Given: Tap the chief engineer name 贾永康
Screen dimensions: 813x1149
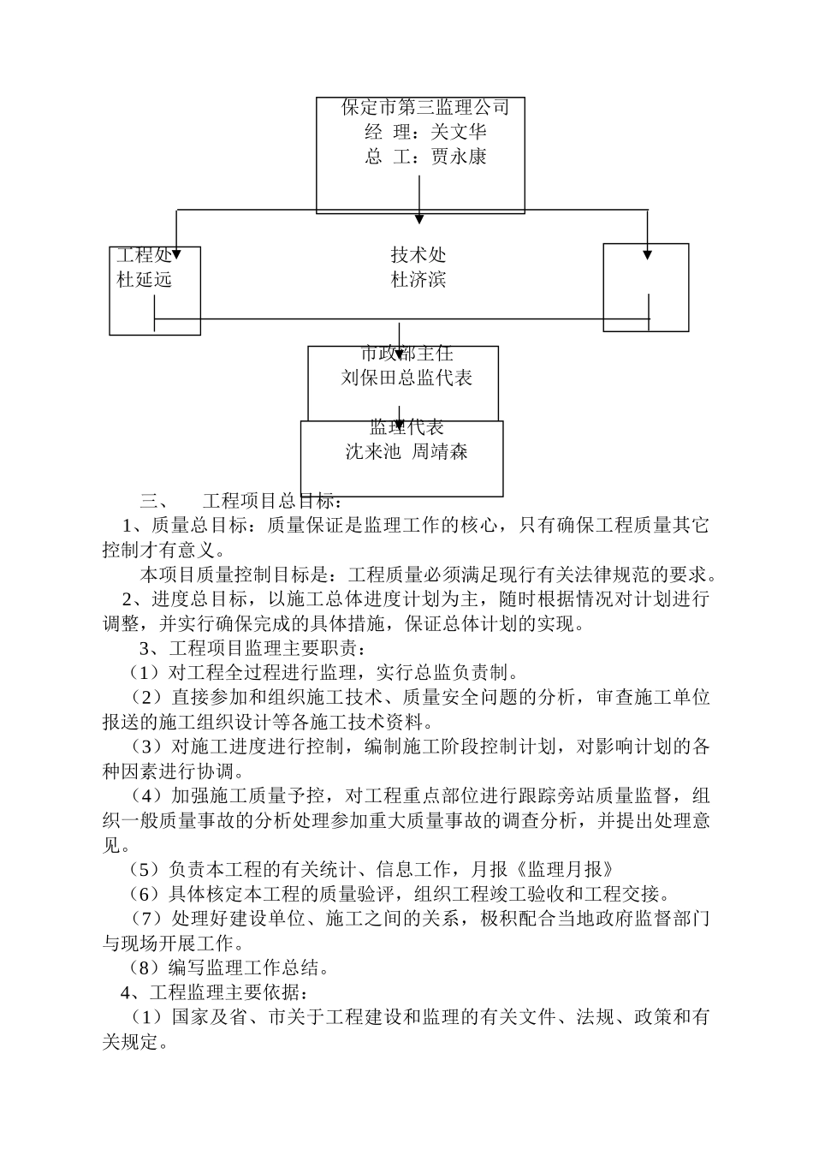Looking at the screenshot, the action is coord(459,157).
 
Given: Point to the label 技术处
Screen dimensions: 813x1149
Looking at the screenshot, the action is coord(418,254).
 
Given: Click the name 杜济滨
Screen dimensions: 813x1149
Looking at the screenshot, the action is coord(418,279).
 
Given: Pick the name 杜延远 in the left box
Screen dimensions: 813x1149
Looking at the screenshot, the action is coord(145,279).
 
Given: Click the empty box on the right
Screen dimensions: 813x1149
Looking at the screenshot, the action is coord(645,287).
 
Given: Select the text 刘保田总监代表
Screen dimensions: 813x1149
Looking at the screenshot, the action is coord(406,378).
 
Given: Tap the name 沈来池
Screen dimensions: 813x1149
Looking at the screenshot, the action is coord(372,451).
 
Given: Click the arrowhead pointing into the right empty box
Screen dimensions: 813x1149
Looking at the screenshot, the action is coord(648,253).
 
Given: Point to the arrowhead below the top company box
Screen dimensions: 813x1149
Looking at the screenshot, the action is coord(419,219).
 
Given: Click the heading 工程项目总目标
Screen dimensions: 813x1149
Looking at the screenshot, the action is coord(272,501).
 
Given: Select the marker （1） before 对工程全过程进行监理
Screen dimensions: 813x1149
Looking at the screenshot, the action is coord(144,673).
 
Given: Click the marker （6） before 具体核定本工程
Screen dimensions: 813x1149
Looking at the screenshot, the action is coord(144,894).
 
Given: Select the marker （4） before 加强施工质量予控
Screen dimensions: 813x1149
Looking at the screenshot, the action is coord(144,795).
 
